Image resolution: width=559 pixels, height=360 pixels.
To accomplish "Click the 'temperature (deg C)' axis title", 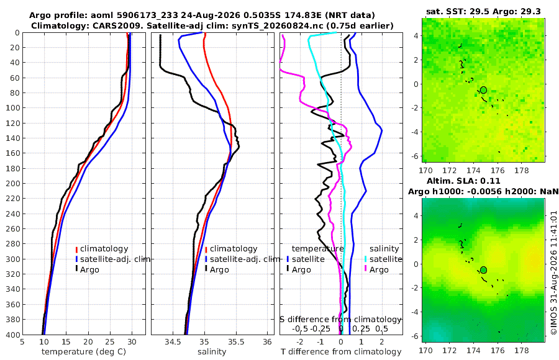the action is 84,352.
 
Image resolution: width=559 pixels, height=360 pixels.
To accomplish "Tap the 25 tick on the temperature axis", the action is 110,342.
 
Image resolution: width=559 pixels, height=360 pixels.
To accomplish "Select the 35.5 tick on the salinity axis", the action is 236,342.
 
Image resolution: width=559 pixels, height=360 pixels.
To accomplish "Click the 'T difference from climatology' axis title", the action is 341,352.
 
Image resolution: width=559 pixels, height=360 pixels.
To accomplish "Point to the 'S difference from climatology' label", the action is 341,320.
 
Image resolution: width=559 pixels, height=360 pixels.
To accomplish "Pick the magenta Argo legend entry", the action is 377,269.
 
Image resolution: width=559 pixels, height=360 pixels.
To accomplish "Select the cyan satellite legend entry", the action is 383,259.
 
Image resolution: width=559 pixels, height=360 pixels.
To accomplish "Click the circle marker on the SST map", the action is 483,90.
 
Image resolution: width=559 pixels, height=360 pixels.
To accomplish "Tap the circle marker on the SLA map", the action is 483,270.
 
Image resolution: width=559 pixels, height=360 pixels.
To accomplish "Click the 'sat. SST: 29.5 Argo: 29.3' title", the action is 483,12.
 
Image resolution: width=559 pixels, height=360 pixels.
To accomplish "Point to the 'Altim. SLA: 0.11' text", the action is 463,181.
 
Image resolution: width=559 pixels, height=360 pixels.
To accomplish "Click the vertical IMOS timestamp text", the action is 553,272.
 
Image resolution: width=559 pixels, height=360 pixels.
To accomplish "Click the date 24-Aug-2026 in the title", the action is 206,16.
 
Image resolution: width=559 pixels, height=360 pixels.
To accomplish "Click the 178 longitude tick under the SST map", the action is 522,170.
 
